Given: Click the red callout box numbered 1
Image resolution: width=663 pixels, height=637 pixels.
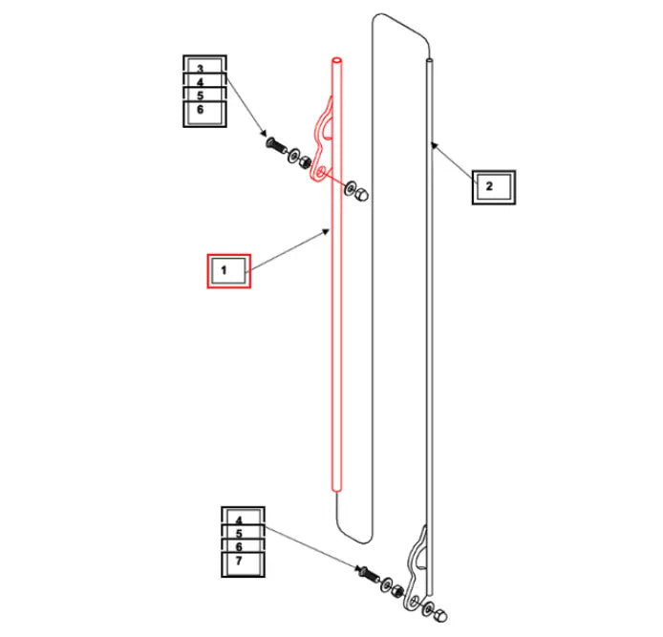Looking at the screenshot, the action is (228, 271).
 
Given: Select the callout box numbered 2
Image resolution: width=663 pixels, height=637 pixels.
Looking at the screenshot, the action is (494, 187).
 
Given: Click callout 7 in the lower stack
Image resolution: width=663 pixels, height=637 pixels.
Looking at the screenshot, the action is (243, 563).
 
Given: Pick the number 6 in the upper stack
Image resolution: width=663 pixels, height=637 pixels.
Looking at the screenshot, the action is (201, 110).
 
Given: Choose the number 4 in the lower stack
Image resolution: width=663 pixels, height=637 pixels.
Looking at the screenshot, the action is (239, 520).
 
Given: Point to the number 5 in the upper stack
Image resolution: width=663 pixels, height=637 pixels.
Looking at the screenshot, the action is (201, 96).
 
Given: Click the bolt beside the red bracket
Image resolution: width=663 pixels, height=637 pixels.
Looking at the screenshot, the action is (276, 146).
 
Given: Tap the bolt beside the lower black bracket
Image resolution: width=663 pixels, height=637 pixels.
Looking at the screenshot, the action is (369, 573).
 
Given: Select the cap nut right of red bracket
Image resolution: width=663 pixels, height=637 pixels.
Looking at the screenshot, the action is (362, 194).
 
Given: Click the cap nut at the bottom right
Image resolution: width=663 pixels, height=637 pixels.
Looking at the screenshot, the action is (440, 615).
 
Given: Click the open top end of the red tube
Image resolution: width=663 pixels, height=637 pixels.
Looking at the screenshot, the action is (337, 61).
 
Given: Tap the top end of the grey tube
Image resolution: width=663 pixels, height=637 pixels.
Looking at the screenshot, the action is (429, 61).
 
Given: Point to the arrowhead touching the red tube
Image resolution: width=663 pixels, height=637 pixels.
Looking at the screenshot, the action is (326, 231).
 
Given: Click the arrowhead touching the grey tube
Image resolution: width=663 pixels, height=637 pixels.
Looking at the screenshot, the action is (434, 146).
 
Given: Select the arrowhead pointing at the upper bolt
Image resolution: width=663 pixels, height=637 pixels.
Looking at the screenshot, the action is (264, 133).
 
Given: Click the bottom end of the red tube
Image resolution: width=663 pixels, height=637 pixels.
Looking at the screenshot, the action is (337, 490).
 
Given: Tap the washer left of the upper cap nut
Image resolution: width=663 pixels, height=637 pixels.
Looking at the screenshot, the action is (351, 188).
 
